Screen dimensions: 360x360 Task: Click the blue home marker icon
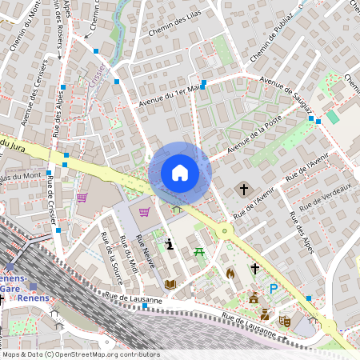[180, 173]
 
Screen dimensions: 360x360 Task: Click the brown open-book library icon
[170, 283]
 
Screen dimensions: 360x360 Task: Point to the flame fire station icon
[230, 273]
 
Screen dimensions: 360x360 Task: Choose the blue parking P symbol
[274, 289]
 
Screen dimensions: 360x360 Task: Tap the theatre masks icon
[284, 321]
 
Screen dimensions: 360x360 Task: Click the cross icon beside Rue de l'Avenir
[244, 189]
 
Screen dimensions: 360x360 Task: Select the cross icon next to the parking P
[255, 269]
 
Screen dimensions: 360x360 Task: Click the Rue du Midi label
[128, 254]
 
